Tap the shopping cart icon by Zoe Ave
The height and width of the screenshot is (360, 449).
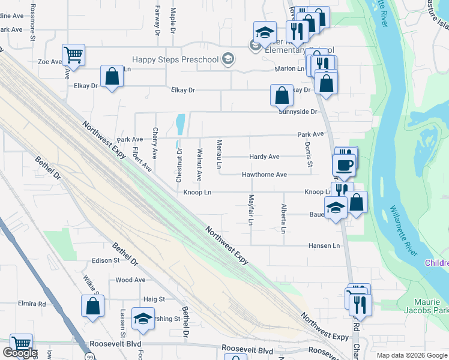pos(73,55)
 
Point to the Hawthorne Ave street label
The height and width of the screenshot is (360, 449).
pos(264,175)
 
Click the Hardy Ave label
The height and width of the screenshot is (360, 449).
pos(264,157)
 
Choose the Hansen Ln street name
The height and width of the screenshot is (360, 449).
pos(324,245)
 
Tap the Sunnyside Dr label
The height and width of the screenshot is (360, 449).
pos(297,112)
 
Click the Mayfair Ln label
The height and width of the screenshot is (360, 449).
pos(251,210)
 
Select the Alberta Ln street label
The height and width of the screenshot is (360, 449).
pos(283,218)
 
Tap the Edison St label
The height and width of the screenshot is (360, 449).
pos(106,260)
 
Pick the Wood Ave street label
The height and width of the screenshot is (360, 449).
pos(130,280)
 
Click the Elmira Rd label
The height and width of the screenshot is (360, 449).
pos(32,304)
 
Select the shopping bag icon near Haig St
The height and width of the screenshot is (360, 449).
pos(93,306)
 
